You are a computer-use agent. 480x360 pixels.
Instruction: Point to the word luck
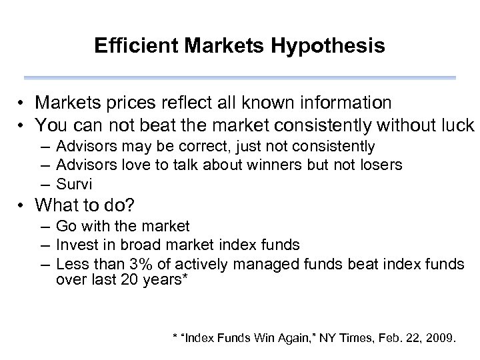click(457, 125)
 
